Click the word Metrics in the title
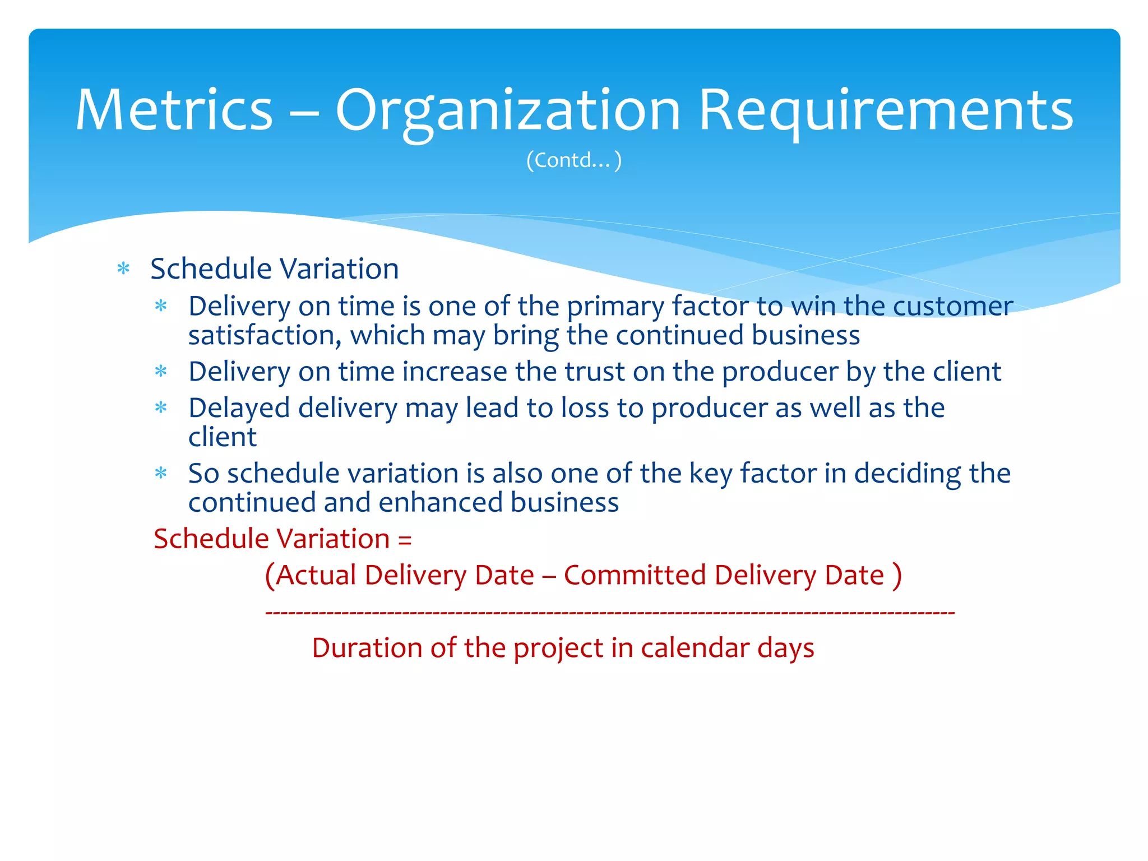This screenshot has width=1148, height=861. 174,110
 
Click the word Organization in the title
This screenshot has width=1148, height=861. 507,110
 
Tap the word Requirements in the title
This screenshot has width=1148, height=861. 886,110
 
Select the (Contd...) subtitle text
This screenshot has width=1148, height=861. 573,160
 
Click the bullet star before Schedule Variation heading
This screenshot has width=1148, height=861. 123,269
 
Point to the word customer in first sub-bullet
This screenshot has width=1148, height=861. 952,307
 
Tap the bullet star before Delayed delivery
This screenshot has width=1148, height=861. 161,408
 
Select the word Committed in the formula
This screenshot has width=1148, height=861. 634,576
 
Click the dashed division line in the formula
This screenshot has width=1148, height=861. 609,613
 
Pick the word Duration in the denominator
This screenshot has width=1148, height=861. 367,649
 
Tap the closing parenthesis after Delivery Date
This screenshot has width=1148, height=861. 897,576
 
